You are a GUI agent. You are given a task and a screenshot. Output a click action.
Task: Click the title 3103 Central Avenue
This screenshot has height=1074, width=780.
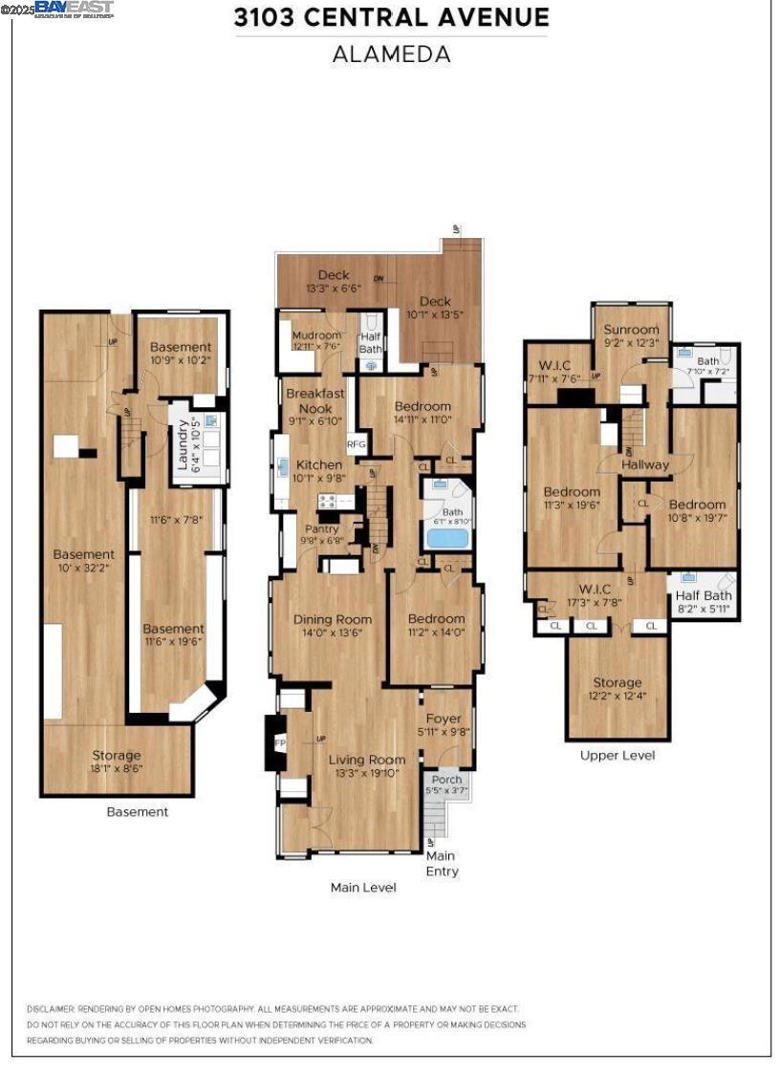[392, 17]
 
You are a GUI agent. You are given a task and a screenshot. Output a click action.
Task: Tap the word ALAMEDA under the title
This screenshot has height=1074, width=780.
[391, 54]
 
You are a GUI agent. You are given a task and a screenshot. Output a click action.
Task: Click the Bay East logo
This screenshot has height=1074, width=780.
[74, 9]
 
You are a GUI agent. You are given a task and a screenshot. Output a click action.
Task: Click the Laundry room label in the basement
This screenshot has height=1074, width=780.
[184, 444]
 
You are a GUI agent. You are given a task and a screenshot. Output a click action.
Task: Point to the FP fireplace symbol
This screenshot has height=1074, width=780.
[280, 742]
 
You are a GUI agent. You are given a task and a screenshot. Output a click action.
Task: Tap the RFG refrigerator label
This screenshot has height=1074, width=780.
[356, 443]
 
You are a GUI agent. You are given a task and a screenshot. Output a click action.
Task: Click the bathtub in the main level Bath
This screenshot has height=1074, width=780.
[447, 537]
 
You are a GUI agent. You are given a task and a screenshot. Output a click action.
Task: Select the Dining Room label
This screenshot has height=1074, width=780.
[333, 619]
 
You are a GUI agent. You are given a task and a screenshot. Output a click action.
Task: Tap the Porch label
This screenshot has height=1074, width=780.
[446, 780]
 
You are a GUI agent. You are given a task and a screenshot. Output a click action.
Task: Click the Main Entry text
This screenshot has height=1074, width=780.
[441, 864]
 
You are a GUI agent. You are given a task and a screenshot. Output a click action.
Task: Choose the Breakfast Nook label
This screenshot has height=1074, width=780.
[314, 400]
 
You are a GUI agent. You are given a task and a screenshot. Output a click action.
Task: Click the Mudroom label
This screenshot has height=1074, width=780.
[315, 335]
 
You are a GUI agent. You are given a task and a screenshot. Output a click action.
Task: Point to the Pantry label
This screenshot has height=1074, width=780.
[322, 528]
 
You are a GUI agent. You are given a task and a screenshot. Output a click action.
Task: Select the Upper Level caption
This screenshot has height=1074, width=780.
[617, 755]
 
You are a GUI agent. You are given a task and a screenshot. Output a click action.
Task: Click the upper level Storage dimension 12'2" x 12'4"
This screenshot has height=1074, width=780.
[617, 696]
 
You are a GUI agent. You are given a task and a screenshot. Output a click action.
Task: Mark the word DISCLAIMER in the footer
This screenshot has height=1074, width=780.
[54, 1008]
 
